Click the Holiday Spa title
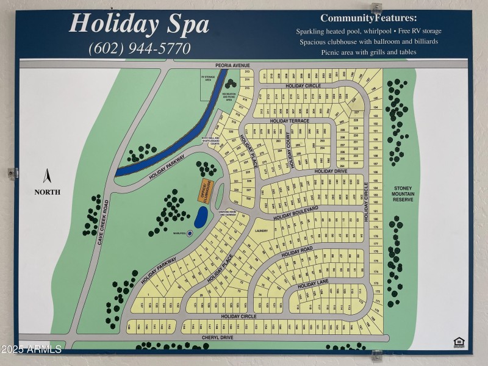(139, 24)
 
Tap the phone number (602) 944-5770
(140, 48)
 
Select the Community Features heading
(368, 18)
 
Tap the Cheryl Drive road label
(218, 337)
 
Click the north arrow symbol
(46, 176)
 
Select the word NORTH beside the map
(47, 192)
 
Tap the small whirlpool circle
(190, 233)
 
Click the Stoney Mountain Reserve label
(403, 193)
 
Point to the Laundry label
(263, 230)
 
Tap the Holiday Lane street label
(313, 284)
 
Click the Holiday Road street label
(297, 251)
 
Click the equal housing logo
(459, 342)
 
